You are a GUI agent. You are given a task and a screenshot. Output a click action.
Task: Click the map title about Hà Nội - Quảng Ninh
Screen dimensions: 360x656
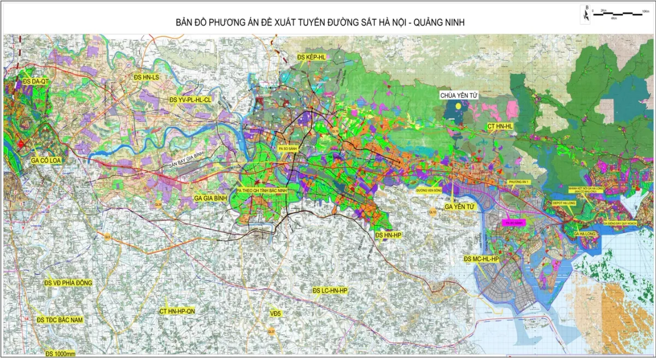click(x=321, y=22)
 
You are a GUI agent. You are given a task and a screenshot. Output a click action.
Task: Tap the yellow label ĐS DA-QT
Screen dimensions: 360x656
click(x=36, y=81)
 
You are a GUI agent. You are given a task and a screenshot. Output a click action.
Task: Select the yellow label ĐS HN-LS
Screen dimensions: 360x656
click(x=146, y=78)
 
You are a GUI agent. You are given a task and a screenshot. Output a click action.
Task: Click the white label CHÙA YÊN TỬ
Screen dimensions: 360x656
click(x=459, y=95)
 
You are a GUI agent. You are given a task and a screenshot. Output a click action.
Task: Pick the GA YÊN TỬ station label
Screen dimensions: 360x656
click(x=459, y=206)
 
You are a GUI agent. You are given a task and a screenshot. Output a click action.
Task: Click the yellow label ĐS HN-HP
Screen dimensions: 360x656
click(x=389, y=234)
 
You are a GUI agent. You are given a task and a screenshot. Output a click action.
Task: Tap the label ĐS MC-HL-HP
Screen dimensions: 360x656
click(x=481, y=258)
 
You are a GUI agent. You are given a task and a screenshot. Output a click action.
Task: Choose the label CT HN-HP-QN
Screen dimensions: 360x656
click(x=177, y=310)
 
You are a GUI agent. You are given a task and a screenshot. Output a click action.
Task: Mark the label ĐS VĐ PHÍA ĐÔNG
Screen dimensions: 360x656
click(x=68, y=282)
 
